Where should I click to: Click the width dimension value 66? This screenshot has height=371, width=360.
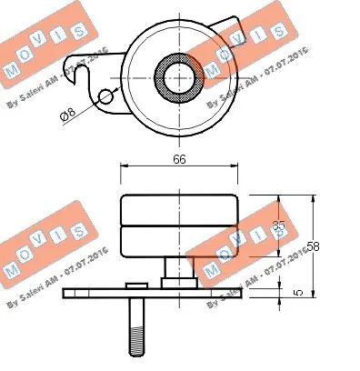[179, 160]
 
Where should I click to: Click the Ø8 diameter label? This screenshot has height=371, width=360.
[66, 116]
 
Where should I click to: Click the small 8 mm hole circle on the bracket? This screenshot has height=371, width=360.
[105, 96]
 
